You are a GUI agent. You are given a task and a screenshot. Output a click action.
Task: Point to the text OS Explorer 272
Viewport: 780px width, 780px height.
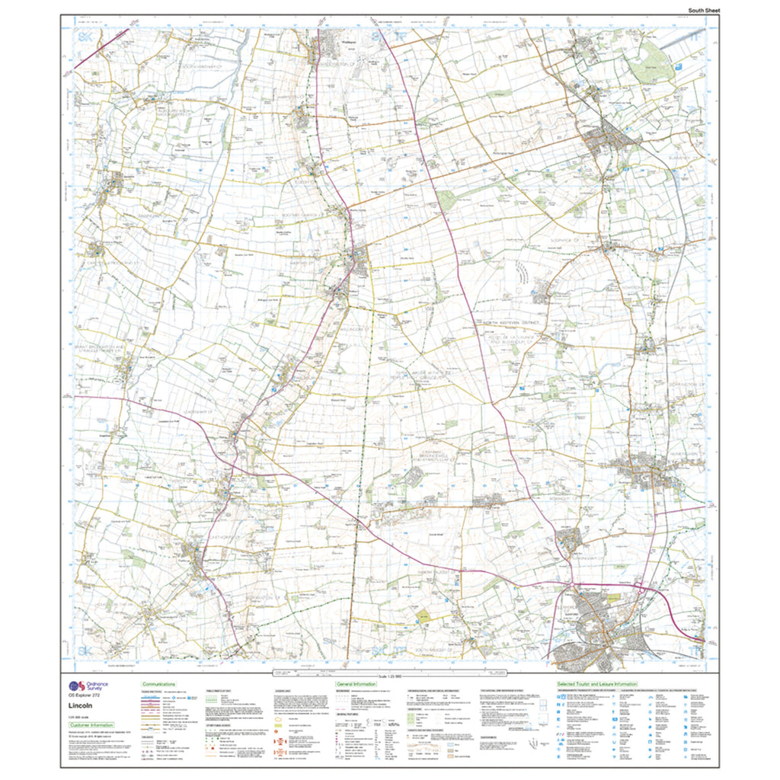point(85,696)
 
